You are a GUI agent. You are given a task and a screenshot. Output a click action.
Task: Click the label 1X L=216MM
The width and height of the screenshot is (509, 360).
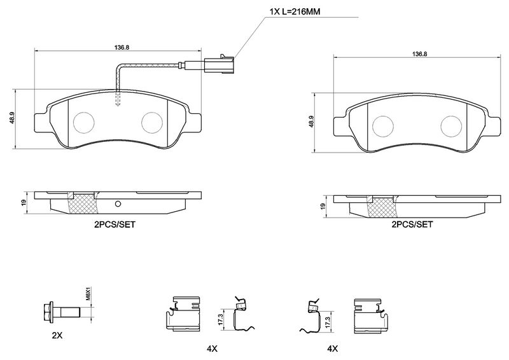click(x=295, y=12)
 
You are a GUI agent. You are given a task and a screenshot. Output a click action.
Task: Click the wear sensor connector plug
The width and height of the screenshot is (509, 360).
click(x=219, y=64)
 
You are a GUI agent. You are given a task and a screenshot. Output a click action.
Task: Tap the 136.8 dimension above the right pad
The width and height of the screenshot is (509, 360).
click(x=420, y=54)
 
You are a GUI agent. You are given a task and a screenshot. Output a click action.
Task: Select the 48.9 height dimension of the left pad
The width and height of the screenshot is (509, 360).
click(x=12, y=118)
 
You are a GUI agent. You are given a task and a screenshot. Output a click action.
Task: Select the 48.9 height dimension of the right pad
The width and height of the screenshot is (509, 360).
click(x=311, y=121)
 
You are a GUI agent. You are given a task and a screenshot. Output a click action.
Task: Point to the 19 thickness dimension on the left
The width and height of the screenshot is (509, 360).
click(x=24, y=202)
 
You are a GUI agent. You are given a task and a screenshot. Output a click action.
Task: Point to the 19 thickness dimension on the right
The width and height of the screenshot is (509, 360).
click(x=323, y=206)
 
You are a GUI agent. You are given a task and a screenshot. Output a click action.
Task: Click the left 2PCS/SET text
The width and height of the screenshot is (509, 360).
click(x=115, y=225)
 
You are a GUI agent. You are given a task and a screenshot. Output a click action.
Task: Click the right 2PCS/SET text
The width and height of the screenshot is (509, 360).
click(x=412, y=225)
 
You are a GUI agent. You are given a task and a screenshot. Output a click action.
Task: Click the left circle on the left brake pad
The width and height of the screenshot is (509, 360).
click(x=84, y=122)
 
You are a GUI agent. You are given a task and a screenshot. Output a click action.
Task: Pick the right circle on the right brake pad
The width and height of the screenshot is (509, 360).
click(x=451, y=126)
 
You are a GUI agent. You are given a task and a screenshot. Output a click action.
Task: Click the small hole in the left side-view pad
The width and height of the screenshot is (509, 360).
click(x=118, y=204)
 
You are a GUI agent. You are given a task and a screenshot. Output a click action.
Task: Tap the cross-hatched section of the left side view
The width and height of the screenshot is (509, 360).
click(x=83, y=204)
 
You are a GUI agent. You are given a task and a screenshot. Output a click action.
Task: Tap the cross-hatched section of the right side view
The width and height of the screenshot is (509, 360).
click(x=382, y=208)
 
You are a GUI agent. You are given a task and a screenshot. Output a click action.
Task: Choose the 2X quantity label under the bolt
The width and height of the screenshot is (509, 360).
click(x=57, y=336)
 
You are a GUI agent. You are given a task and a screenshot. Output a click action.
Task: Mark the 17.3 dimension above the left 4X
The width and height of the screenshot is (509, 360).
click(x=221, y=319)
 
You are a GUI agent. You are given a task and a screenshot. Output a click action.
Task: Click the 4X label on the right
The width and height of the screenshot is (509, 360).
click(x=332, y=349)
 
